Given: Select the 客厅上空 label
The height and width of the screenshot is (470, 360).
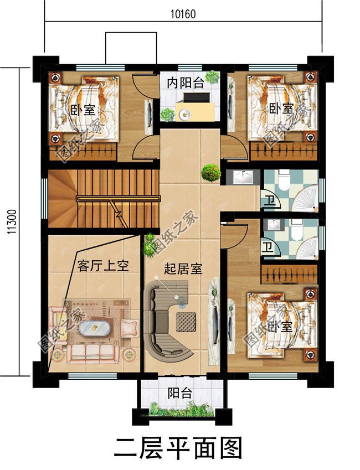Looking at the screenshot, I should click(103, 266).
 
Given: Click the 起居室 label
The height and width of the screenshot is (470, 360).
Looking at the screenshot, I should click(183, 270).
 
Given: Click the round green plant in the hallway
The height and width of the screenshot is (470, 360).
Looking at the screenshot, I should click(211, 173).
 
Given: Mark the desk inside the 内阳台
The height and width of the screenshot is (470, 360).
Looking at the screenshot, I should click(196, 109).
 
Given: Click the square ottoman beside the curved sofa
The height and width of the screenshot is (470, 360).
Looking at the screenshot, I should click(187, 321).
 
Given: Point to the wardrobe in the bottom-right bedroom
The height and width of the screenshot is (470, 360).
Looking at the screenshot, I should click(289, 273).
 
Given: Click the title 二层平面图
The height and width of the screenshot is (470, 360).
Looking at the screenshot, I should click(178, 447).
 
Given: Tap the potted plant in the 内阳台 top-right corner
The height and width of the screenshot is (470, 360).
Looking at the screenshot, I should click(212, 76).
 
